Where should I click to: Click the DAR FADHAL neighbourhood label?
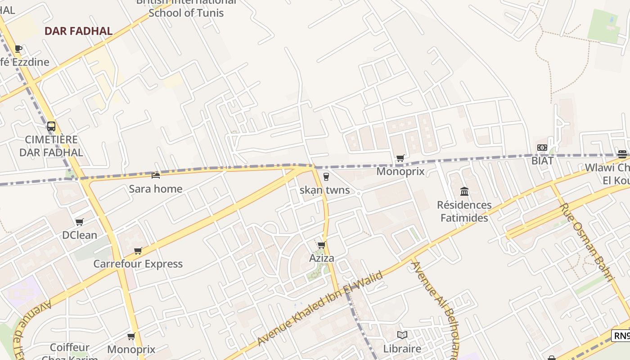78,31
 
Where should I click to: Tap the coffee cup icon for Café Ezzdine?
18,49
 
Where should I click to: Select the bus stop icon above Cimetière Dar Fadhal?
51,126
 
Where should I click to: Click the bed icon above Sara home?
156,175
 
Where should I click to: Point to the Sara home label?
156,189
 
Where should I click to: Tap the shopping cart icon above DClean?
80,222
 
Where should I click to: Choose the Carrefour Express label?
138,264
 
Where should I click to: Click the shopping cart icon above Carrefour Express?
138,251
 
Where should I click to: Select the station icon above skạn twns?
326,177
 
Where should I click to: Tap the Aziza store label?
322,258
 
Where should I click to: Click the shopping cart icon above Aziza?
321,245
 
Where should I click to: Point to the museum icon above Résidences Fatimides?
464,192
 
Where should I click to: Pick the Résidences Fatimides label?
464,211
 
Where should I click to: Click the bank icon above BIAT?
542,148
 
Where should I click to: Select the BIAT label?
542,160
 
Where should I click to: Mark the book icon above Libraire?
402,335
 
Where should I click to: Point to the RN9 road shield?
621,336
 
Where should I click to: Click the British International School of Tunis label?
186,8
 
